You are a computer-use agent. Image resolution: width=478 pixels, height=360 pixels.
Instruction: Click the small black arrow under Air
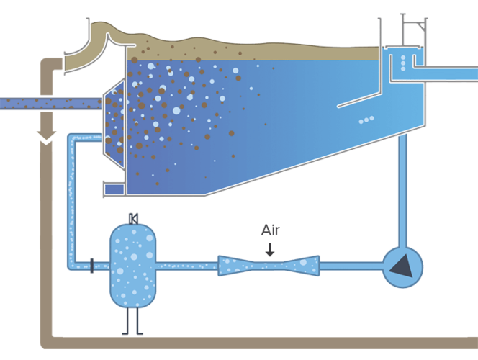(x=269, y=249)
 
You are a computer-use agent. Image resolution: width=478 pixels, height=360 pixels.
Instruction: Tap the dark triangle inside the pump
(x=400, y=266)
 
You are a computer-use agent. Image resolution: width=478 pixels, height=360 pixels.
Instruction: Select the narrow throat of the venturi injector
(x=270, y=266)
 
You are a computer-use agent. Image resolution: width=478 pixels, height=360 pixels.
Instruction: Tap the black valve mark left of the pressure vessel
(x=91, y=266)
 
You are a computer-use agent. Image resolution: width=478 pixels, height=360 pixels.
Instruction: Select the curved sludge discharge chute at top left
(x=94, y=47)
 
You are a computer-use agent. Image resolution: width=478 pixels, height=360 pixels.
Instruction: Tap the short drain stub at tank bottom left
(x=114, y=189)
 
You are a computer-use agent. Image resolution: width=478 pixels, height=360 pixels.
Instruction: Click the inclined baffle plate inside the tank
(x=360, y=95)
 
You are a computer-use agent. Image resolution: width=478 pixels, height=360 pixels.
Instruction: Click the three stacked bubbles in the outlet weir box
(x=402, y=61)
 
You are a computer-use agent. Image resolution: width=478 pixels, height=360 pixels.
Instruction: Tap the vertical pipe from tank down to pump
(x=402, y=187)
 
